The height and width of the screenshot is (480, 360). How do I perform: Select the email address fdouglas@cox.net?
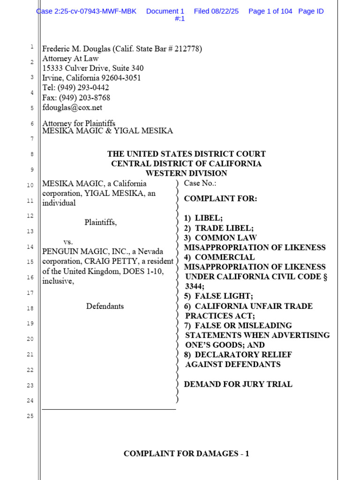click(x=72, y=107)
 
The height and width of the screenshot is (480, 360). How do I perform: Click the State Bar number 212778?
click(x=187, y=49)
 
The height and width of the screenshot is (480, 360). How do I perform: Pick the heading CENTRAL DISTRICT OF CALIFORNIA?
click(x=186, y=164)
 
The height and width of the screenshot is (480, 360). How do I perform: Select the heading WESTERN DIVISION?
click(x=186, y=173)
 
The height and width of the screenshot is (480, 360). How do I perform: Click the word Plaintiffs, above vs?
click(x=100, y=222)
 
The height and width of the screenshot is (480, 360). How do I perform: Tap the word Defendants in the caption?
click(x=105, y=306)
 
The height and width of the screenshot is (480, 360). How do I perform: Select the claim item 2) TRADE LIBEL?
click(x=219, y=228)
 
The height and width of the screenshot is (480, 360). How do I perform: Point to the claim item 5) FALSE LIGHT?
click(x=218, y=296)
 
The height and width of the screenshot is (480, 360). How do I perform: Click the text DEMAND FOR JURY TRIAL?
click(x=238, y=384)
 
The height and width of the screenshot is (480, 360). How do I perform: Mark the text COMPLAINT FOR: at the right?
click(x=220, y=198)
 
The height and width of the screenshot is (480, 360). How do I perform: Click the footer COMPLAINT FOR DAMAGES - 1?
click(x=186, y=453)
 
